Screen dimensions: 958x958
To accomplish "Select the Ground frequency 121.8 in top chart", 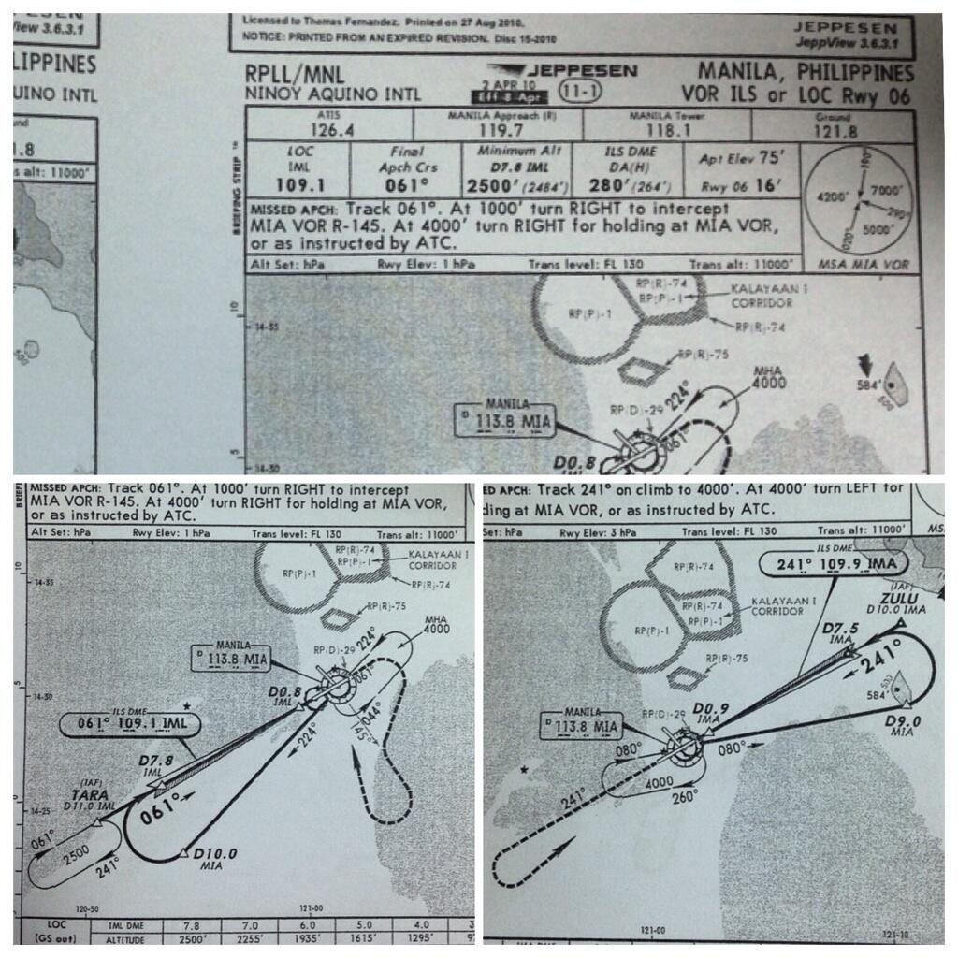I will pos(836,132).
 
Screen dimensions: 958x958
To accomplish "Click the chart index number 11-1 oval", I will pos(581,92).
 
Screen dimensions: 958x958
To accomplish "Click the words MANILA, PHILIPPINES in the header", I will pos(806,73).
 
